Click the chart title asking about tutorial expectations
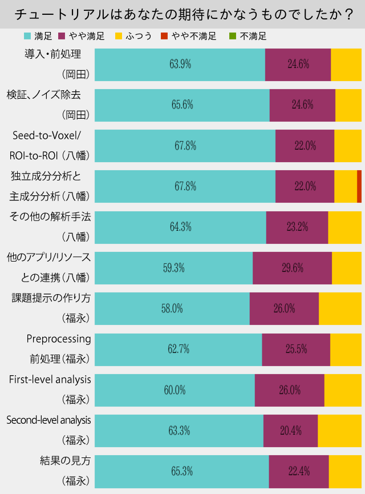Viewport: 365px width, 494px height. (182, 14)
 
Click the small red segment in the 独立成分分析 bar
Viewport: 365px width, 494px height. (359, 186)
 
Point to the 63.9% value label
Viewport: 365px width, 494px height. (180, 65)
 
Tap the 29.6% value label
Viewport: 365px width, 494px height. (293, 268)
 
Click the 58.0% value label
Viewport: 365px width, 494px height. (172, 308)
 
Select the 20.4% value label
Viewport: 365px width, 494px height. (290, 431)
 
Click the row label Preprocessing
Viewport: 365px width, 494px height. (59, 339)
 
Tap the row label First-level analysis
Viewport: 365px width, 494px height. (50, 379)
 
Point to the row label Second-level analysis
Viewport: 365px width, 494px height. (48, 420)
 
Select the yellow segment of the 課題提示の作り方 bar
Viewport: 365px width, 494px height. (340, 308)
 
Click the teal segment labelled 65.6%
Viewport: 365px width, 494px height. (182, 105)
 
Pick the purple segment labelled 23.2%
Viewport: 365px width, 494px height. (297, 227)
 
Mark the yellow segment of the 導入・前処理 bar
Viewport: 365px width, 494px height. (346, 65)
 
